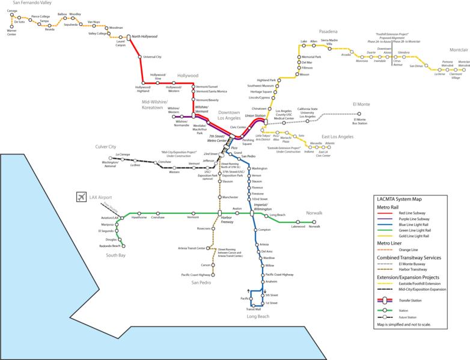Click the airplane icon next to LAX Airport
click(82, 197)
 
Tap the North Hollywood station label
click(144, 37)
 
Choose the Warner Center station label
click(11, 31)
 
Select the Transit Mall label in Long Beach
click(253, 309)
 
